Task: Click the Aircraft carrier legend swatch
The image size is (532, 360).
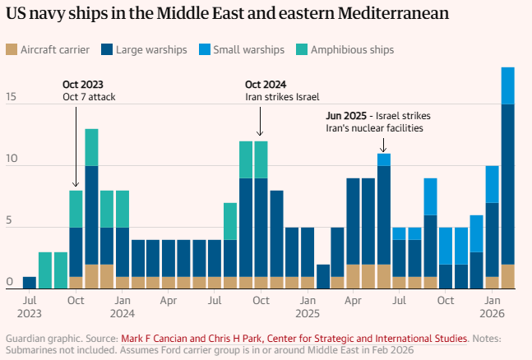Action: [11, 50]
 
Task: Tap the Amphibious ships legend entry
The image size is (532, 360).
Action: [349, 50]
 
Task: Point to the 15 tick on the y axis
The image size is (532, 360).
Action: [11, 98]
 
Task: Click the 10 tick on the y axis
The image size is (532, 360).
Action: [11, 167]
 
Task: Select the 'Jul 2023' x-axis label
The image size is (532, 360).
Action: [30, 307]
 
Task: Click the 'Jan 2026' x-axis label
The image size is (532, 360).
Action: [493, 307]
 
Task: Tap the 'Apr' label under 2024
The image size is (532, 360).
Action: [169, 301]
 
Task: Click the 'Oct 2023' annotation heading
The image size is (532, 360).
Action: [81, 84]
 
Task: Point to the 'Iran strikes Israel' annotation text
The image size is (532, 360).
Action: [282, 97]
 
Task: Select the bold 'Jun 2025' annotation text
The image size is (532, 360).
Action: [346, 115]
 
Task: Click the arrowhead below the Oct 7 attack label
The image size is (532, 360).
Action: [76, 186]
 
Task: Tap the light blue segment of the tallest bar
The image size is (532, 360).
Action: [508, 85]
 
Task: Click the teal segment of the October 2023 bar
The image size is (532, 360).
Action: [76, 209]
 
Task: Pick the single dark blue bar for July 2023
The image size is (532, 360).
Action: [30, 282]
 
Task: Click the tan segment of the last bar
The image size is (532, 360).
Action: [508, 276]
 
